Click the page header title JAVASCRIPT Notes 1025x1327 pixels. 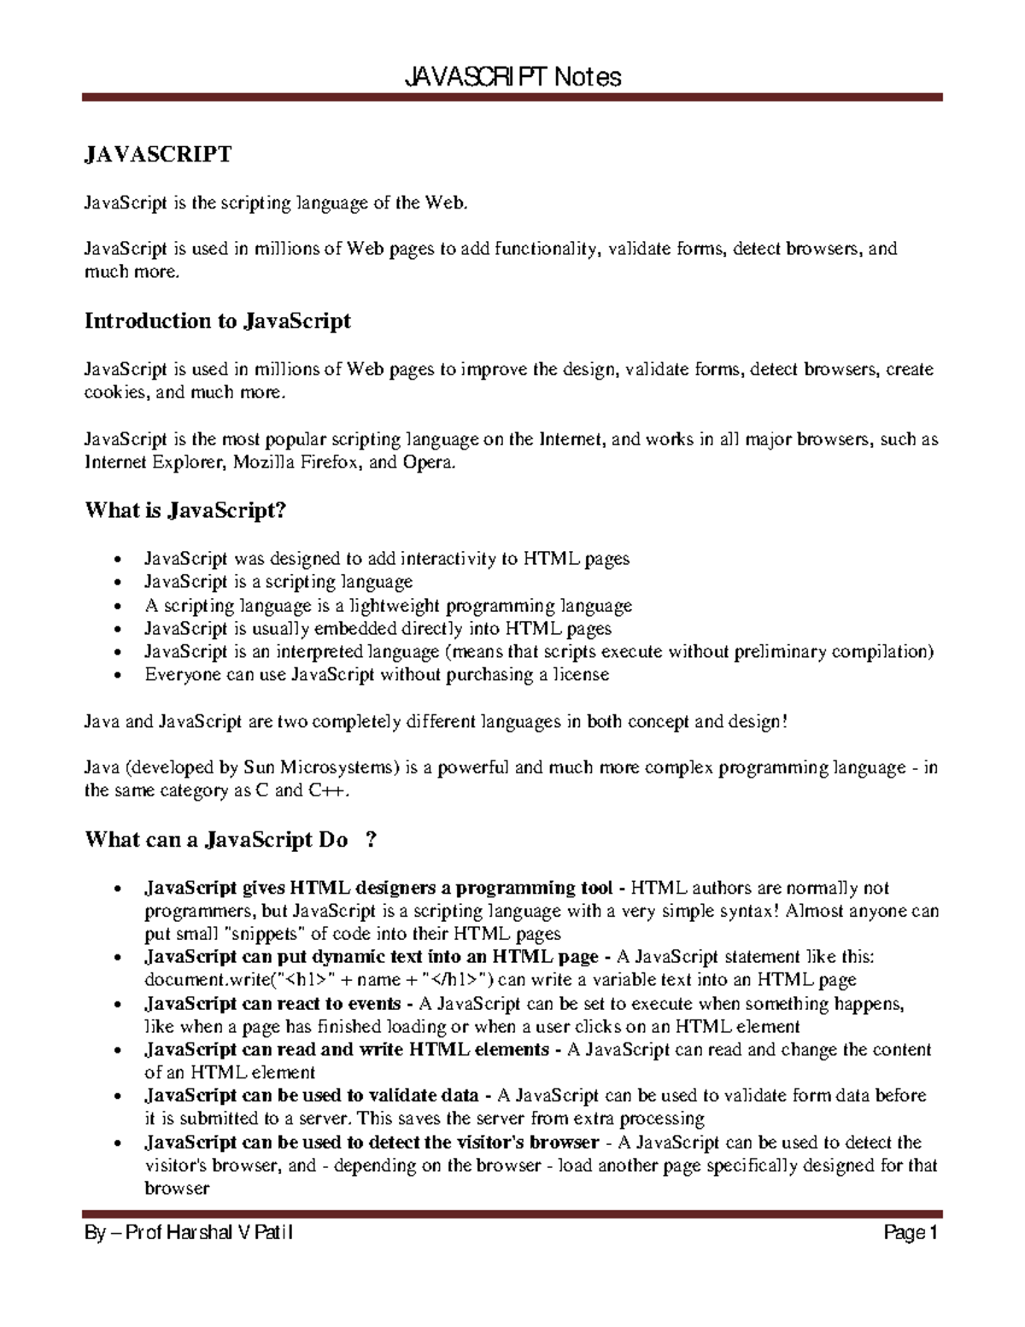512,78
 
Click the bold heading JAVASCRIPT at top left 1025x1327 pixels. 157,155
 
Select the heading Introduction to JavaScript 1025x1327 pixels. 218,321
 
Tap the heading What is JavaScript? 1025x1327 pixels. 184,511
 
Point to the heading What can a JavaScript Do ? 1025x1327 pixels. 231,840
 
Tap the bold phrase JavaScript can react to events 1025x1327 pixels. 272,1004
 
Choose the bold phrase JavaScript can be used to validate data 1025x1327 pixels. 312,1096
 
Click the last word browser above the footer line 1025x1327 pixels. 177,1189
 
